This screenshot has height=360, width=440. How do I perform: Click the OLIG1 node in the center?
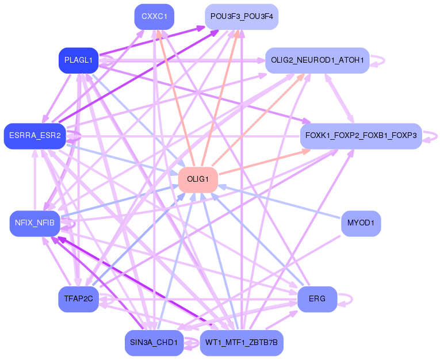pyautogui.click(x=197, y=179)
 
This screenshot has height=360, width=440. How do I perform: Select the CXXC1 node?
pyautogui.click(x=154, y=17)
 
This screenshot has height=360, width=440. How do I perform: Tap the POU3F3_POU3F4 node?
pyautogui.click(x=242, y=17)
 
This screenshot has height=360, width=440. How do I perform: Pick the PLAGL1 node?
pyautogui.click(x=79, y=60)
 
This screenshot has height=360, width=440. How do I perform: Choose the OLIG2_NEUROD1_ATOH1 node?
pyautogui.click(x=317, y=60)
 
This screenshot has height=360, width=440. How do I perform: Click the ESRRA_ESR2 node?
pyautogui.click(x=35, y=136)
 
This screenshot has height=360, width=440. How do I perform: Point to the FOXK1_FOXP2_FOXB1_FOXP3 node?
pyautogui.click(x=361, y=136)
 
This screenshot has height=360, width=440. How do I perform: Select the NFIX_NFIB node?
pyautogui.click(x=35, y=223)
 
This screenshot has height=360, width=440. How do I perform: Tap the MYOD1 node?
pyautogui.click(x=361, y=223)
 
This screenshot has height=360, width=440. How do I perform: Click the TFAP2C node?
pyautogui.click(x=79, y=299)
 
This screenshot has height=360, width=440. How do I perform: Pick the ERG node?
pyautogui.click(x=317, y=299)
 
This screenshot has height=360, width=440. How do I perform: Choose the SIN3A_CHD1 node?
pyautogui.click(x=154, y=343)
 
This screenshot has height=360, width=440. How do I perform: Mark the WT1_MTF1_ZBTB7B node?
pyautogui.click(x=242, y=343)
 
